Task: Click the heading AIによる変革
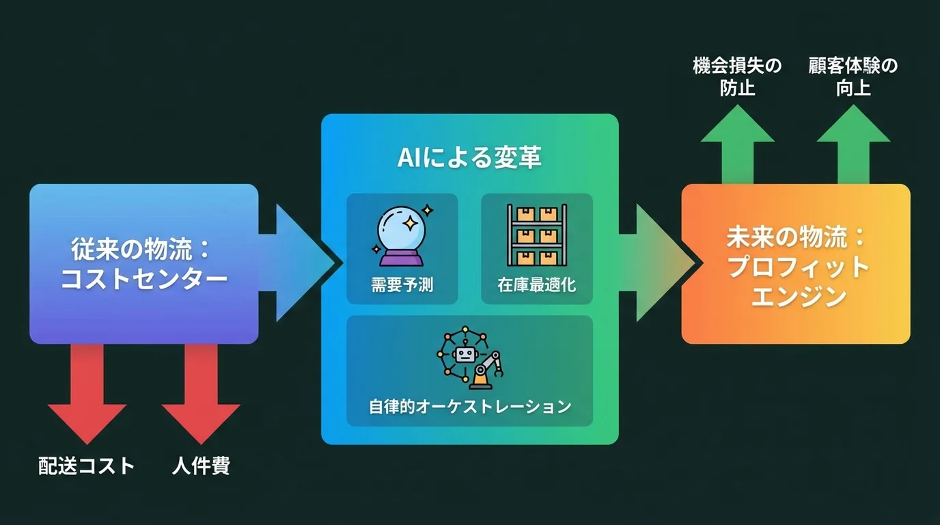coord(469,158)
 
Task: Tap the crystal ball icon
coord(402,234)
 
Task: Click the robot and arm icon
coord(470,358)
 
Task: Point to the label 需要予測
coord(402,284)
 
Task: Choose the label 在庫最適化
coord(536,284)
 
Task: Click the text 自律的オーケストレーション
coord(470,406)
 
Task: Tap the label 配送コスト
coord(86,466)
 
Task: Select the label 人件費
coord(201,466)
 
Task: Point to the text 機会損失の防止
coord(737,77)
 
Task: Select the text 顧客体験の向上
coord(853,77)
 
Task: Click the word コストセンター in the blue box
coord(143,279)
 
